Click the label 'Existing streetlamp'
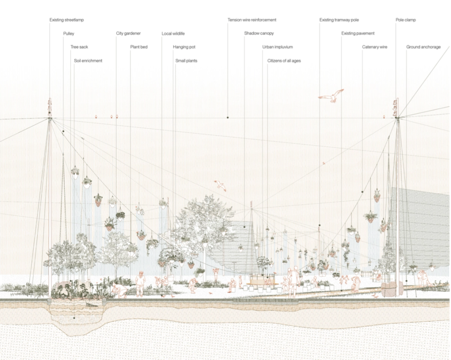coord(66,20)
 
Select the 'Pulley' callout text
coord(69,34)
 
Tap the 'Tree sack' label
coord(79,47)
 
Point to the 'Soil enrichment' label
coord(88,61)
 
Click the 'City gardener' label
coord(128,33)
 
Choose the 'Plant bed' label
coord(139,47)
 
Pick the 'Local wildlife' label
coord(173,34)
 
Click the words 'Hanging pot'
coord(184,47)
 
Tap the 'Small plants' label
coord(186,61)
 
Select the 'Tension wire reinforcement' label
coord(252,20)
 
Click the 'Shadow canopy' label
coord(259,33)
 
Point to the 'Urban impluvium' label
coord(278,47)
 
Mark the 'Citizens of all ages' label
coord(284,61)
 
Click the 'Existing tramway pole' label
coord(339,20)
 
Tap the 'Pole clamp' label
coord(405,20)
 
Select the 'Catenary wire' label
coord(375,47)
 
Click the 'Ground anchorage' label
coord(423,47)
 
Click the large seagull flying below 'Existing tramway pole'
coord(331,96)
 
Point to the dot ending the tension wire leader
coord(228,117)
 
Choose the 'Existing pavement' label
coord(358,33)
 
